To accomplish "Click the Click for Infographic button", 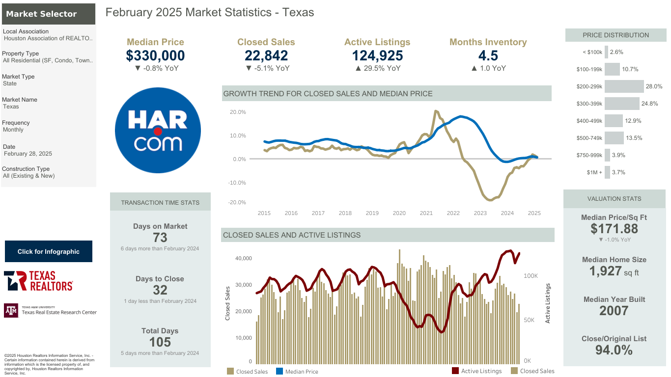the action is [49, 251].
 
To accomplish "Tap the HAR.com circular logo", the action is [158, 130].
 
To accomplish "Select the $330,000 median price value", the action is [155, 55].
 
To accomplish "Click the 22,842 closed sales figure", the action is [266, 55].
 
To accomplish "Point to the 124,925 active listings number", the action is [377, 55].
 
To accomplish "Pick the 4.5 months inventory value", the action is [488, 55].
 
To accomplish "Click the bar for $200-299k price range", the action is [624, 86].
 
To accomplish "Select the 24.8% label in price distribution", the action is [649, 104].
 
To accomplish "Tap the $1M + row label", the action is [594, 172].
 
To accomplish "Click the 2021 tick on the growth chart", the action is [426, 213].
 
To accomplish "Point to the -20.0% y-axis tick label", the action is [237, 202].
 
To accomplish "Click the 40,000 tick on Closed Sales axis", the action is [244, 258].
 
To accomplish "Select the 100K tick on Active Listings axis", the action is [531, 276].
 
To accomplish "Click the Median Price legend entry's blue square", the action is [279, 371].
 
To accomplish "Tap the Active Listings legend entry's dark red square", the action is [455, 371].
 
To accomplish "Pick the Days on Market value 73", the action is [160, 238].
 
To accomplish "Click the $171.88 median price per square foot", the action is [614, 229].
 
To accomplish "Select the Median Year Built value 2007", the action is [614, 311].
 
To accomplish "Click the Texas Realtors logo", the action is [38, 281].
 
